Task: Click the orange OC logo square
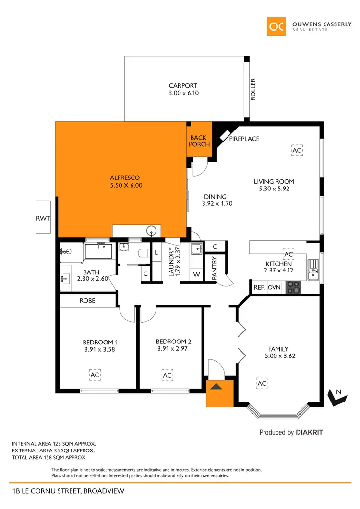[x=277, y=26]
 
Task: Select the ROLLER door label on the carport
[x=253, y=89]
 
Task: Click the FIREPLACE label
[x=244, y=139]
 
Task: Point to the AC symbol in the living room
[x=297, y=150]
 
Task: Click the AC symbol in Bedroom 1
[x=95, y=374]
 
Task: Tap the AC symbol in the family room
[x=262, y=384]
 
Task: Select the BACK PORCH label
[x=199, y=141]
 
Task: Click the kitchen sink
[x=313, y=270]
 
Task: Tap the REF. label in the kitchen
[x=259, y=288]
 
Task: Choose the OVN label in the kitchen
[x=274, y=288]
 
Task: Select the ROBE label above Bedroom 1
[x=87, y=301]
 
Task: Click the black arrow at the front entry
[x=216, y=387]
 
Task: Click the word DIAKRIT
[x=309, y=432]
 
